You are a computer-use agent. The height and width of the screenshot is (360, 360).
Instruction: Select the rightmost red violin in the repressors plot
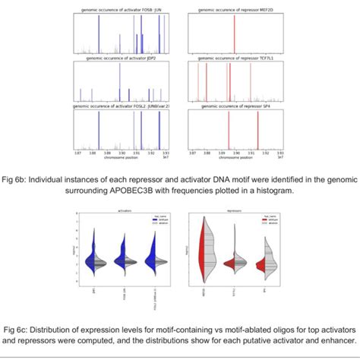click(264, 267)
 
